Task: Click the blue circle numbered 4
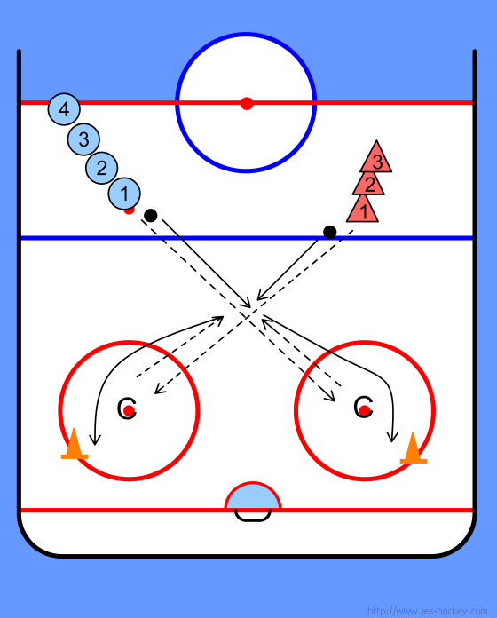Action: tap(64, 109)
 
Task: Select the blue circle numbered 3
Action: tap(83, 139)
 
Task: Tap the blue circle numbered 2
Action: tap(101, 168)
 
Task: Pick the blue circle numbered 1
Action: tap(124, 194)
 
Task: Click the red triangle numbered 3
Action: tap(376, 159)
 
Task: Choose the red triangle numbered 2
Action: tap(368, 184)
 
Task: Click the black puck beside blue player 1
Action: tap(151, 215)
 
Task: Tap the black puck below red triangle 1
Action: tap(329, 232)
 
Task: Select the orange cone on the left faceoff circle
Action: tap(74, 446)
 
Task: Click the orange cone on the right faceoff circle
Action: tap(413, 449)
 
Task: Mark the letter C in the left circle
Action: tap(127, 408)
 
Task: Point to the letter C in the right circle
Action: tap(363, 407)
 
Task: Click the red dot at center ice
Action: tap(247, 104)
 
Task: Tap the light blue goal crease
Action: tap(252, 496)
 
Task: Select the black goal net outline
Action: tap(253, 519)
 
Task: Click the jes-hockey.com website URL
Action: tap(427, 611)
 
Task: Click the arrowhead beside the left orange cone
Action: tap(94, 440)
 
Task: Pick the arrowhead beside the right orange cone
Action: tap(392, 436)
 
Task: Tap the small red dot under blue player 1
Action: tap(130, 210)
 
